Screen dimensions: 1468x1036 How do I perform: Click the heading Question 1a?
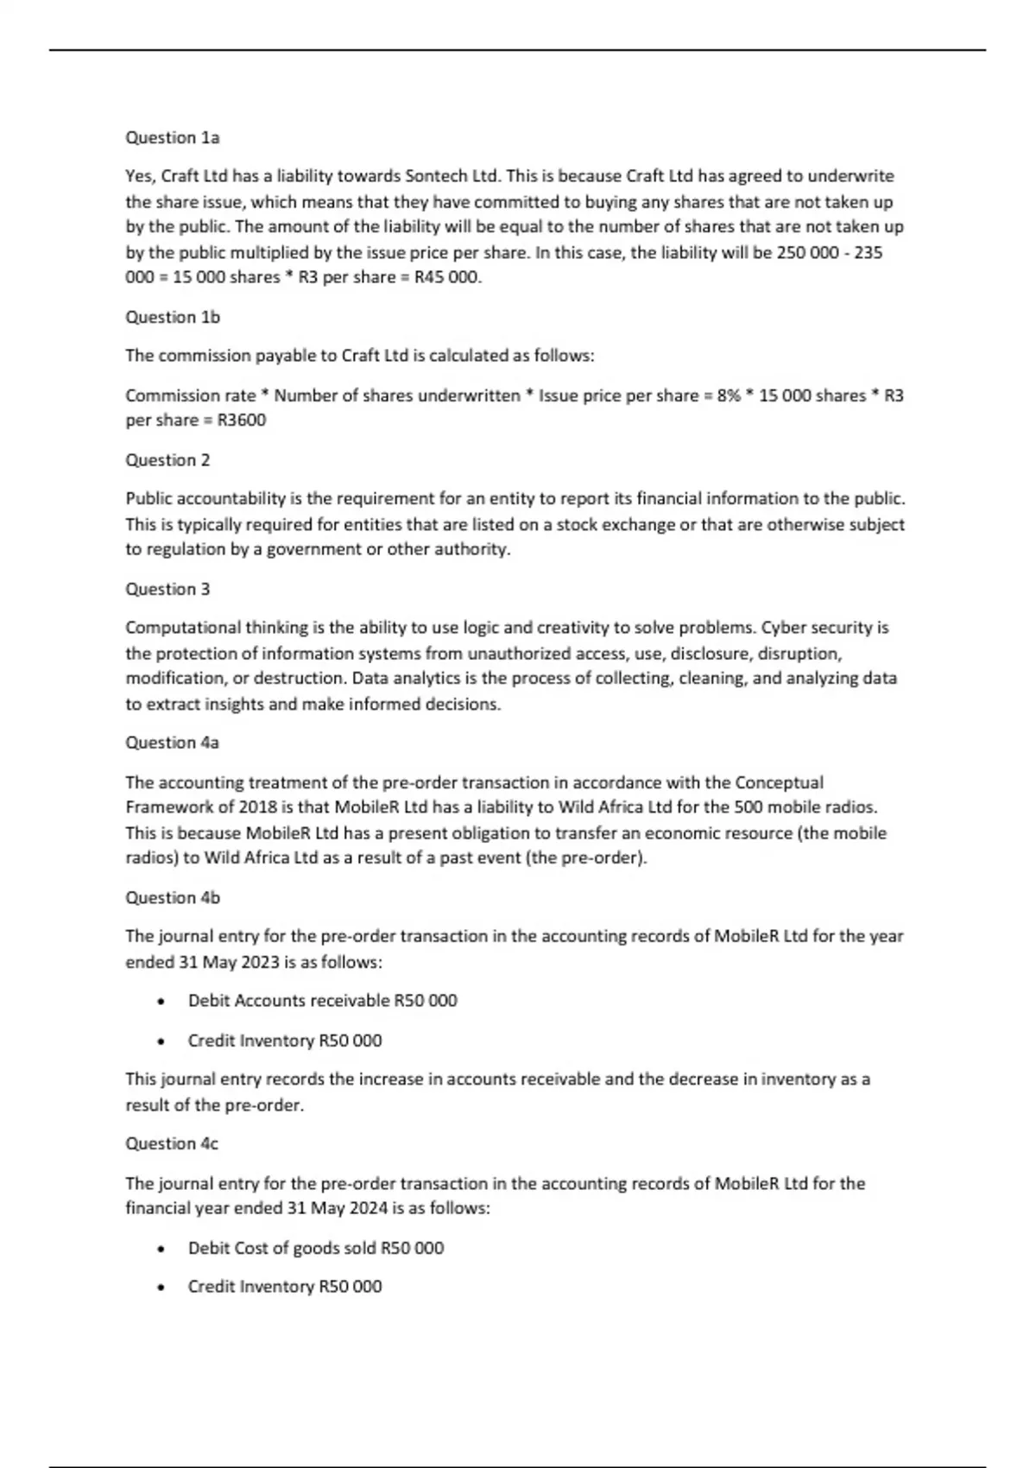click(x=173, y=137)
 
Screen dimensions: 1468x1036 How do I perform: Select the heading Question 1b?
click(x=173, y=317)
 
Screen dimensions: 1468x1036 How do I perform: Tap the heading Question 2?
click(x=167, y=459)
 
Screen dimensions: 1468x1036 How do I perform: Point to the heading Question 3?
click(x=167, y=589)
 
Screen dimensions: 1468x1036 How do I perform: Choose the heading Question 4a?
click(x=173, y=743)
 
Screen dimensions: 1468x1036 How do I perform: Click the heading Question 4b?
click(x=173, y=897)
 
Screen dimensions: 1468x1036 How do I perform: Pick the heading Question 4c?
click(x=172, y=1143)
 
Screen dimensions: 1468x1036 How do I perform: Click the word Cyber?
click(x=784, y=628)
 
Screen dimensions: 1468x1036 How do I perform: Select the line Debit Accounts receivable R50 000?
click(x=322, y=1001)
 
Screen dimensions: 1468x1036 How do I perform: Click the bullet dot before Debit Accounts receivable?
click(x=161, y=1002)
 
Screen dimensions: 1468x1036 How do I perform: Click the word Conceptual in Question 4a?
click(x=779, y=782)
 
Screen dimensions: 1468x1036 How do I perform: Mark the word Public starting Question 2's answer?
click(x=148, y=498)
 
